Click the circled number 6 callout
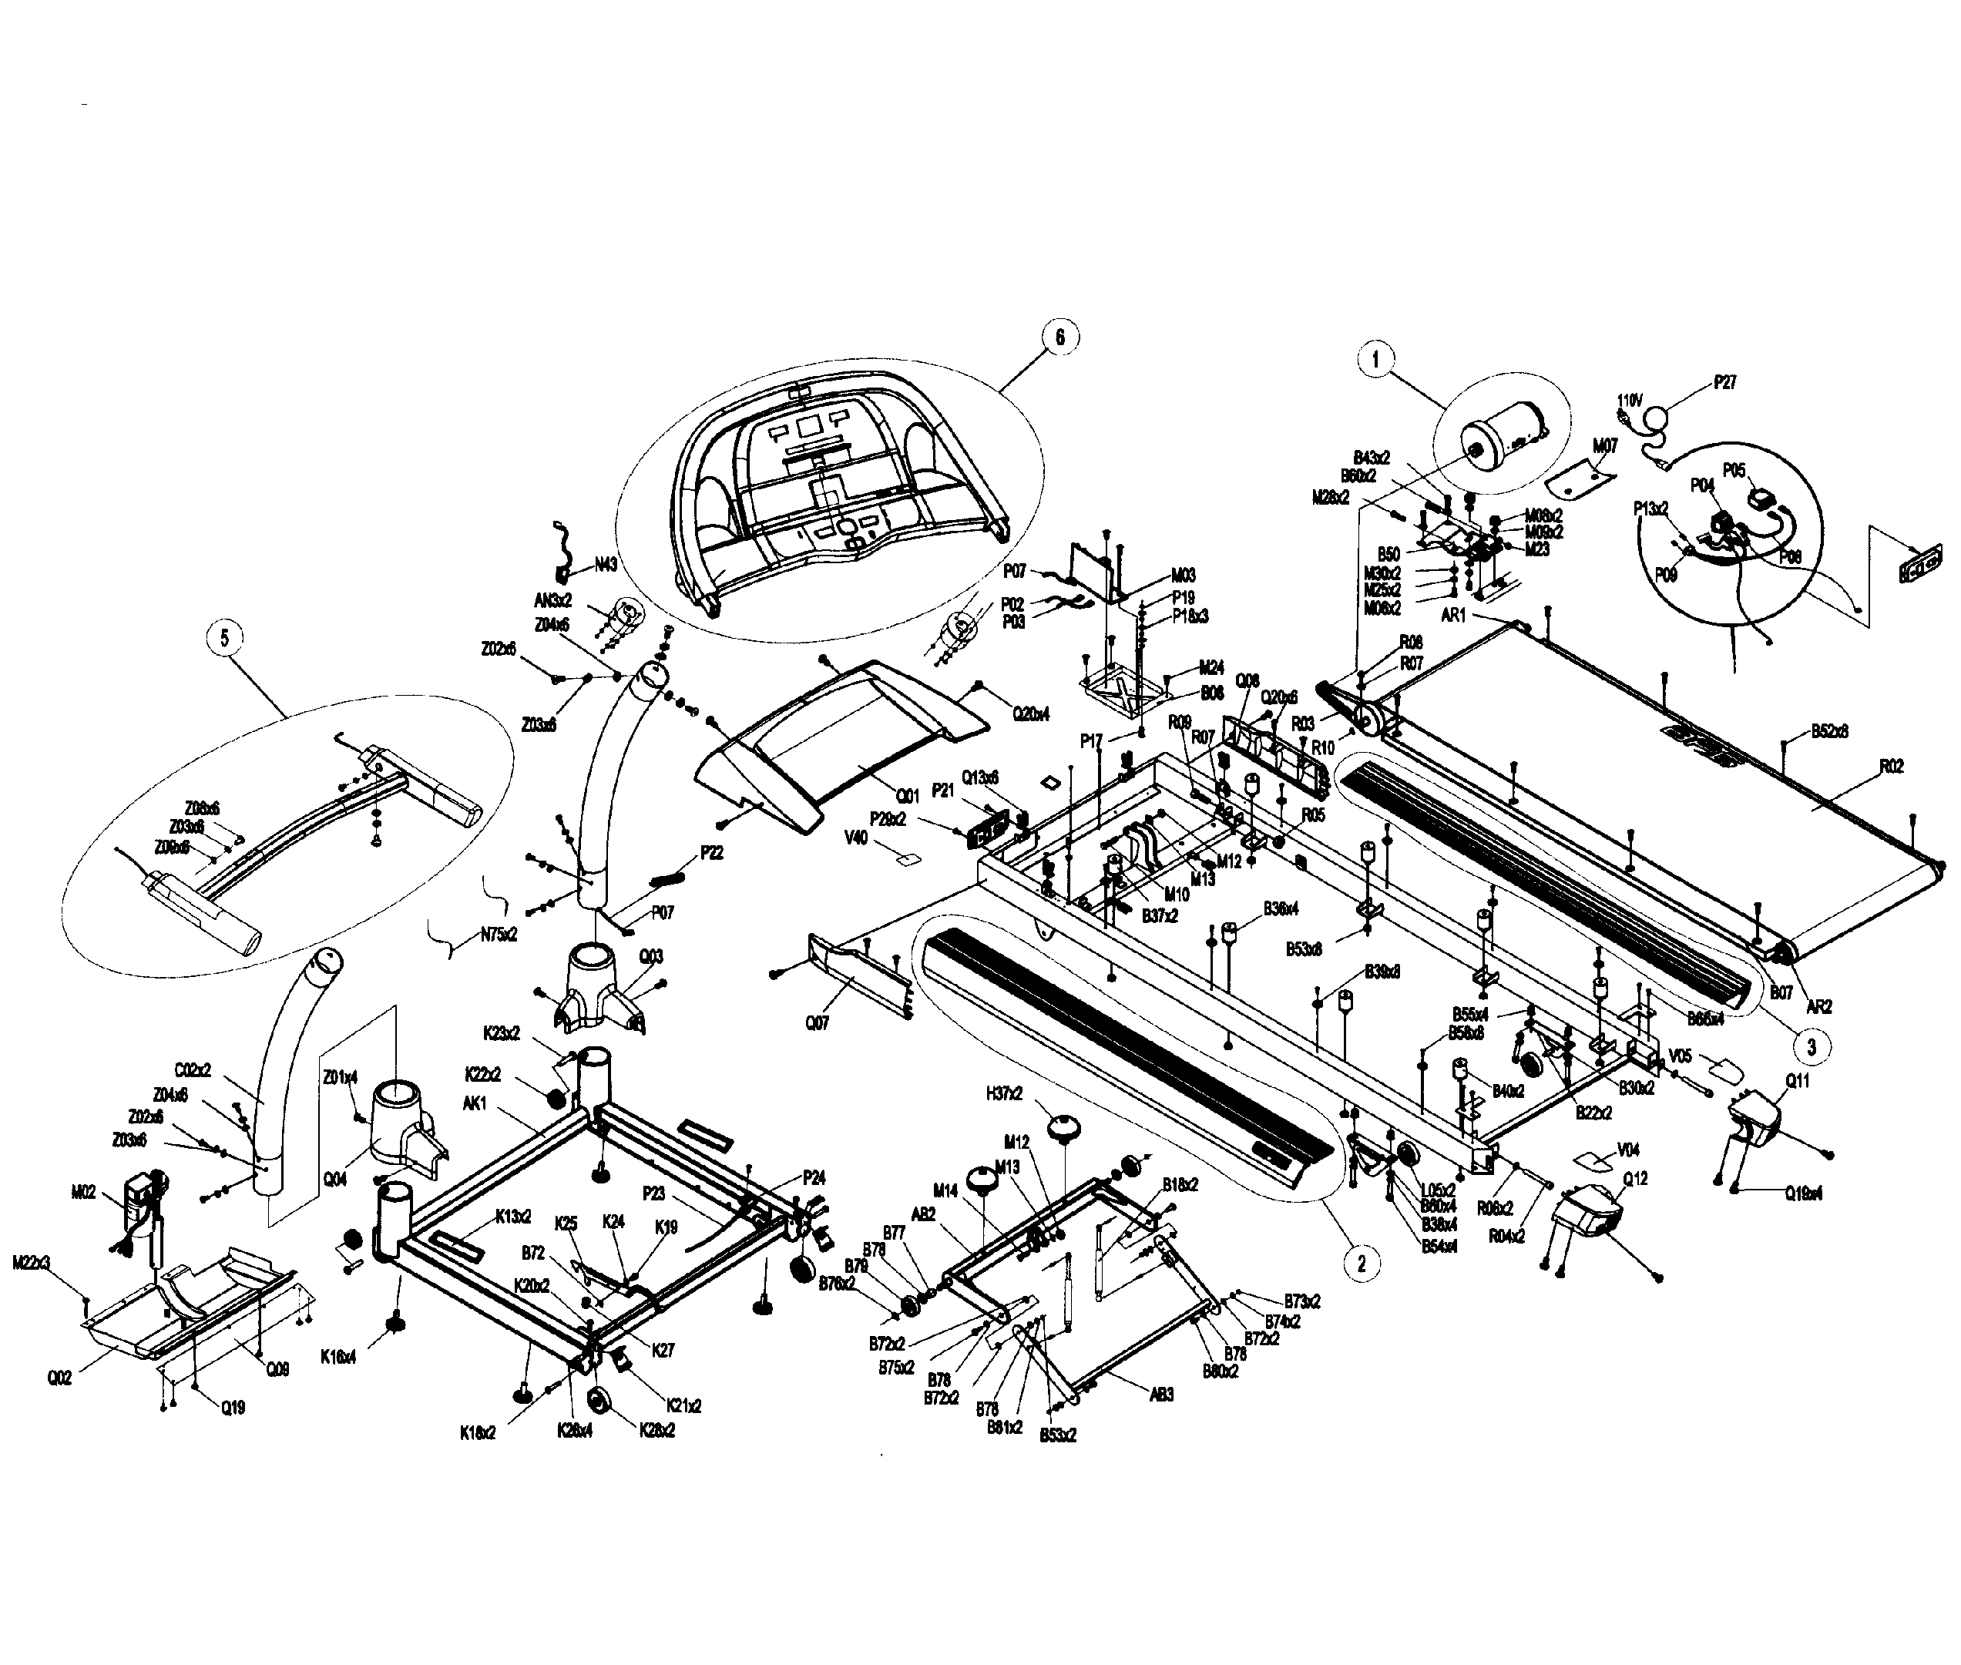click(x=1059, y=337)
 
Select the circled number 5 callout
click(x=224, y=638)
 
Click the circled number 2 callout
click(x=1361, y=1263)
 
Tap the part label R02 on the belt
click(x=1891, y=767)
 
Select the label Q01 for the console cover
click(x=906, y=796)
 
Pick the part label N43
click(x=606, y=566)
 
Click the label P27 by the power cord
click(x=1724, y=382)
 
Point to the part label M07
click(x=1604, y=445)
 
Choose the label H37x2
click(x=1004, y=1093)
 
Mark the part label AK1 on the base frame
click(x=474, y=1103)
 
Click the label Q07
click(x=818, y=1022)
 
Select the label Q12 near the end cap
click(x=1634, y=1179)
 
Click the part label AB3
click(x=1162, y=1393)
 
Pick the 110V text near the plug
click(x=1630, y=401)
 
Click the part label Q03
click(x=651, y=956)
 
